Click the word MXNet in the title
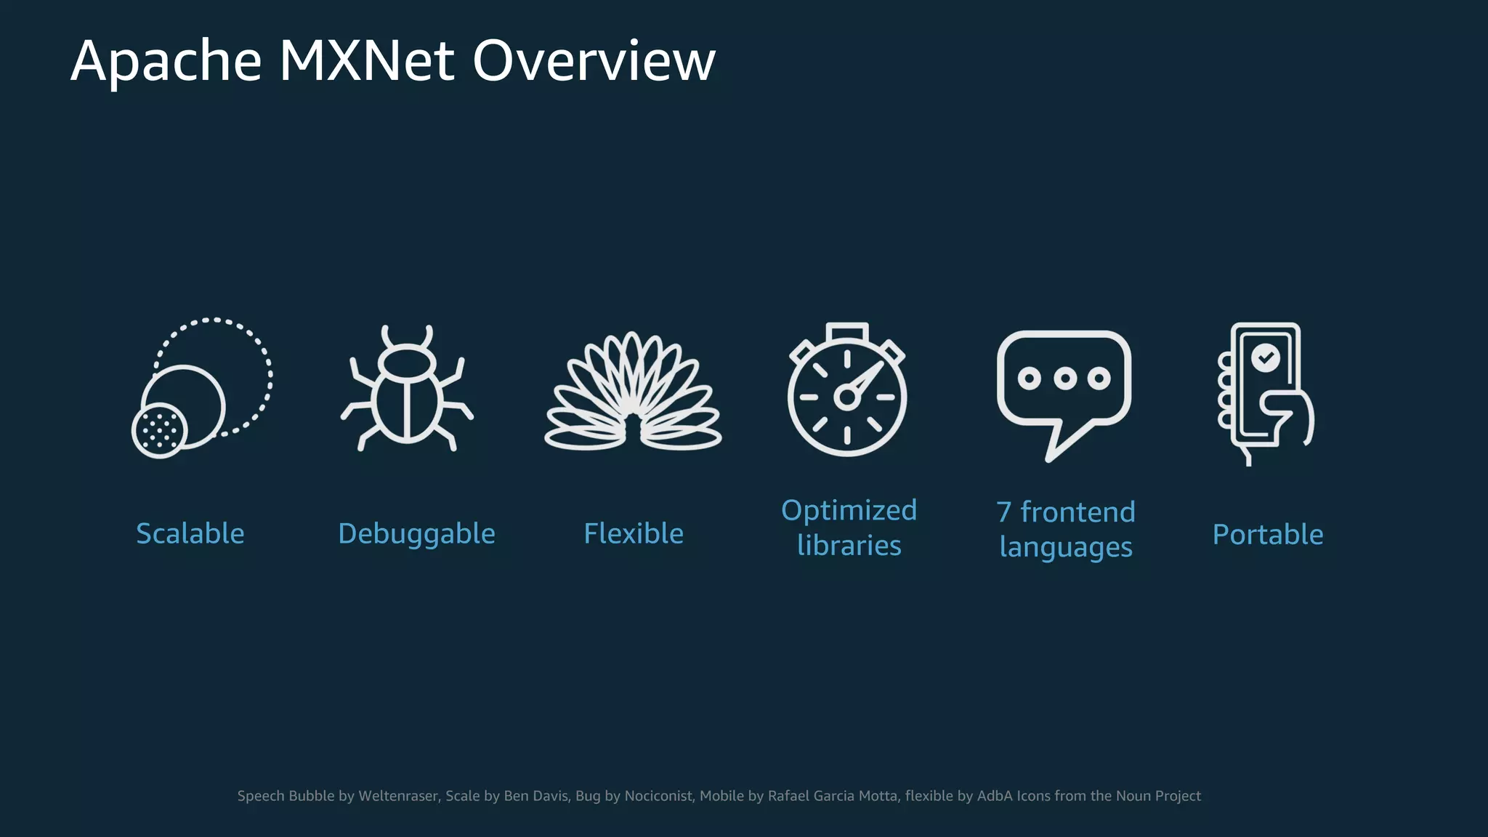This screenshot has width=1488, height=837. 367,61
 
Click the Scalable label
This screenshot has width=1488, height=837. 190,534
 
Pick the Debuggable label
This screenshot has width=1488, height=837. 416,534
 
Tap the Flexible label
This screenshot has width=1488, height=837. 634,534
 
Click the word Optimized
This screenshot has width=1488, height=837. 849,511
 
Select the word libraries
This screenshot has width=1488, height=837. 849,546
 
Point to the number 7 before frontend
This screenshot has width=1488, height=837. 1003,512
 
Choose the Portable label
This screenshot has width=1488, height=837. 1268,535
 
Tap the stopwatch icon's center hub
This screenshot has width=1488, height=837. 846,397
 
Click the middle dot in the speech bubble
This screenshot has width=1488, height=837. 1064,379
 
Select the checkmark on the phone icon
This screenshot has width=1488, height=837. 1266,357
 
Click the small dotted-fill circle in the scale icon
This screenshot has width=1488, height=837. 160,431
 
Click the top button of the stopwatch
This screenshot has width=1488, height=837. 847,331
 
